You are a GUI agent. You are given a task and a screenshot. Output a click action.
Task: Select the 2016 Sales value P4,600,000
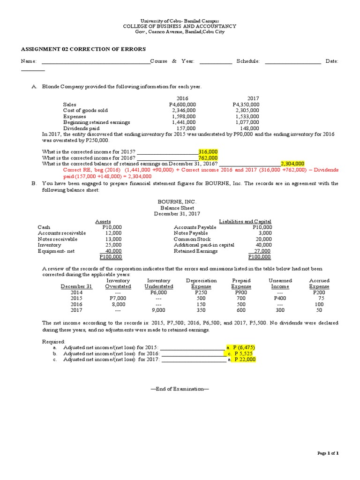click(x=182, y=105)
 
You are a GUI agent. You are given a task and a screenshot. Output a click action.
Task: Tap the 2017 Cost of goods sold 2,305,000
click(x=247, y=111)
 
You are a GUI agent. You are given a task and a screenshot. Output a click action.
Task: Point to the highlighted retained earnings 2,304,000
click(x=292, y=164)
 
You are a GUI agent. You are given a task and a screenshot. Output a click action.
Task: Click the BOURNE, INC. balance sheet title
click(x=174, y=202)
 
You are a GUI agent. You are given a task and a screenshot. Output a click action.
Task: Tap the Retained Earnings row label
click(x=195, y=251)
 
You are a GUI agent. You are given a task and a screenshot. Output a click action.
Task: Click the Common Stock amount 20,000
click(x=264, y=239)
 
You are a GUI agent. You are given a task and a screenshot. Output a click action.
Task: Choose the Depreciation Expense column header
click(x=201, y=283)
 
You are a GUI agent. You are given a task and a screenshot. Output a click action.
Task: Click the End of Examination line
click(x=180, y=389)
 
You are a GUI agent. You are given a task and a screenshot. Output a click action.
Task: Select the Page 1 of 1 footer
click(x=328, y=453)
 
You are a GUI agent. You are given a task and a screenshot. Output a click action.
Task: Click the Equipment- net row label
click(x=57, y=251)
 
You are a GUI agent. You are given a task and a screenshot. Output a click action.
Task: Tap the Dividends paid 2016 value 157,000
click(x=186, y=128)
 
